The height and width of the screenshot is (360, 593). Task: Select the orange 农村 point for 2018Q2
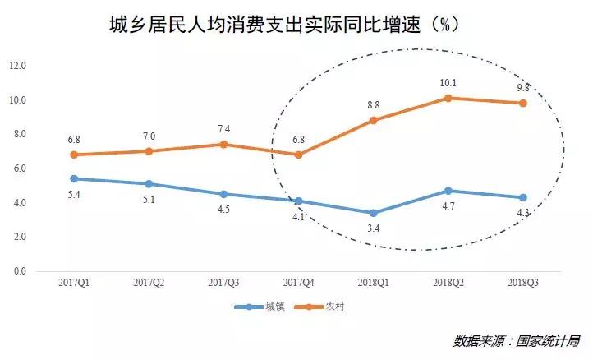(x=448, y=98)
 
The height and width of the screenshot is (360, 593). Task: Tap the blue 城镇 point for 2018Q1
(x=373, y=213)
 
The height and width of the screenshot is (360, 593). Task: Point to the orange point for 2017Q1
(x=74, y=155)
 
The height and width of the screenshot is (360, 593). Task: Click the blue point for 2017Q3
(x=223, y=194)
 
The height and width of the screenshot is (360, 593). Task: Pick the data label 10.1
(x=448, y=82)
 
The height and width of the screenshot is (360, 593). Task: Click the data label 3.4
(x=373, y=228)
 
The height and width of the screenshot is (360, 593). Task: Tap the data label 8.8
(x=373, y=104)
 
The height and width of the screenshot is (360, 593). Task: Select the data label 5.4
(x=74, y=194)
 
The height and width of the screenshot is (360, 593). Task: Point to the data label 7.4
(x=223, y=129)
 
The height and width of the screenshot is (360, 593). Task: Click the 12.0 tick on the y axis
(x=17, y=66)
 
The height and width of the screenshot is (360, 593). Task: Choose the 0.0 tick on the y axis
(x=17, y=271)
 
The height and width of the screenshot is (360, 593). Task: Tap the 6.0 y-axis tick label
(x=17, y=168)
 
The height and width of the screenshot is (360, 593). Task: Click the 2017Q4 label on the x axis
(x=298, y=283)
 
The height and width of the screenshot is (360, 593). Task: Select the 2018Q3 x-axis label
(x=522, y=283)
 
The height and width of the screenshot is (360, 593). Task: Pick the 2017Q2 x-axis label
(x=149, y=283)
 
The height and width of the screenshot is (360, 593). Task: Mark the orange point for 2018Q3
(x=522, y=103)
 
